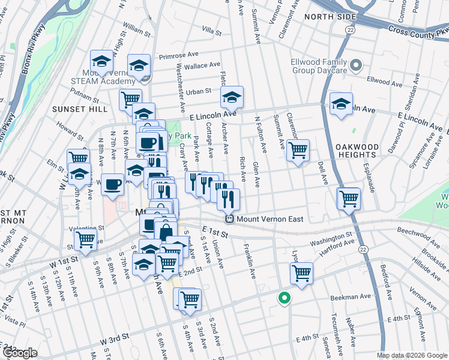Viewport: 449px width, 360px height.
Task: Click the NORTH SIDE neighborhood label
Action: [x=327, y=17]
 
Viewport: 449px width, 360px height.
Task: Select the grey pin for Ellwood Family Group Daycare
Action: [x=356, y=64]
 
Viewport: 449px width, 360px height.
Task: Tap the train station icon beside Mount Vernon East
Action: [x=229, y=220]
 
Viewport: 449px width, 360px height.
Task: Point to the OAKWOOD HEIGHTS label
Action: [x=358, y=151]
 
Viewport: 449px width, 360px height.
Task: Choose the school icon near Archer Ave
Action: [x=232, y=97]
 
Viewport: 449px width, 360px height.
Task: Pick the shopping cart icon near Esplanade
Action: [x=348, y=197]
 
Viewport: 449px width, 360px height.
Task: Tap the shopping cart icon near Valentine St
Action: [x=86, y=238]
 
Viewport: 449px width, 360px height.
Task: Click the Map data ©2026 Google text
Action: [x=412, y=355]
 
